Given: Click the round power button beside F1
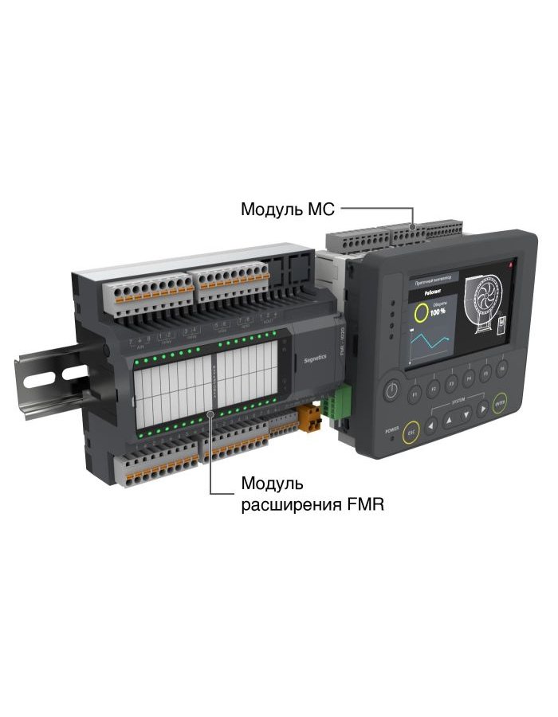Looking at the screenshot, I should pyautogui.click(x=391, y=390).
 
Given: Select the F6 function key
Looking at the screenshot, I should pyautogui.click(x=502, y=368).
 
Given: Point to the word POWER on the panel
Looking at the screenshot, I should pyautogui.click(x=391, y=429).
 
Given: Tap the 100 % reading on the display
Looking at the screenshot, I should pyautogui.click(x=438, y=311).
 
